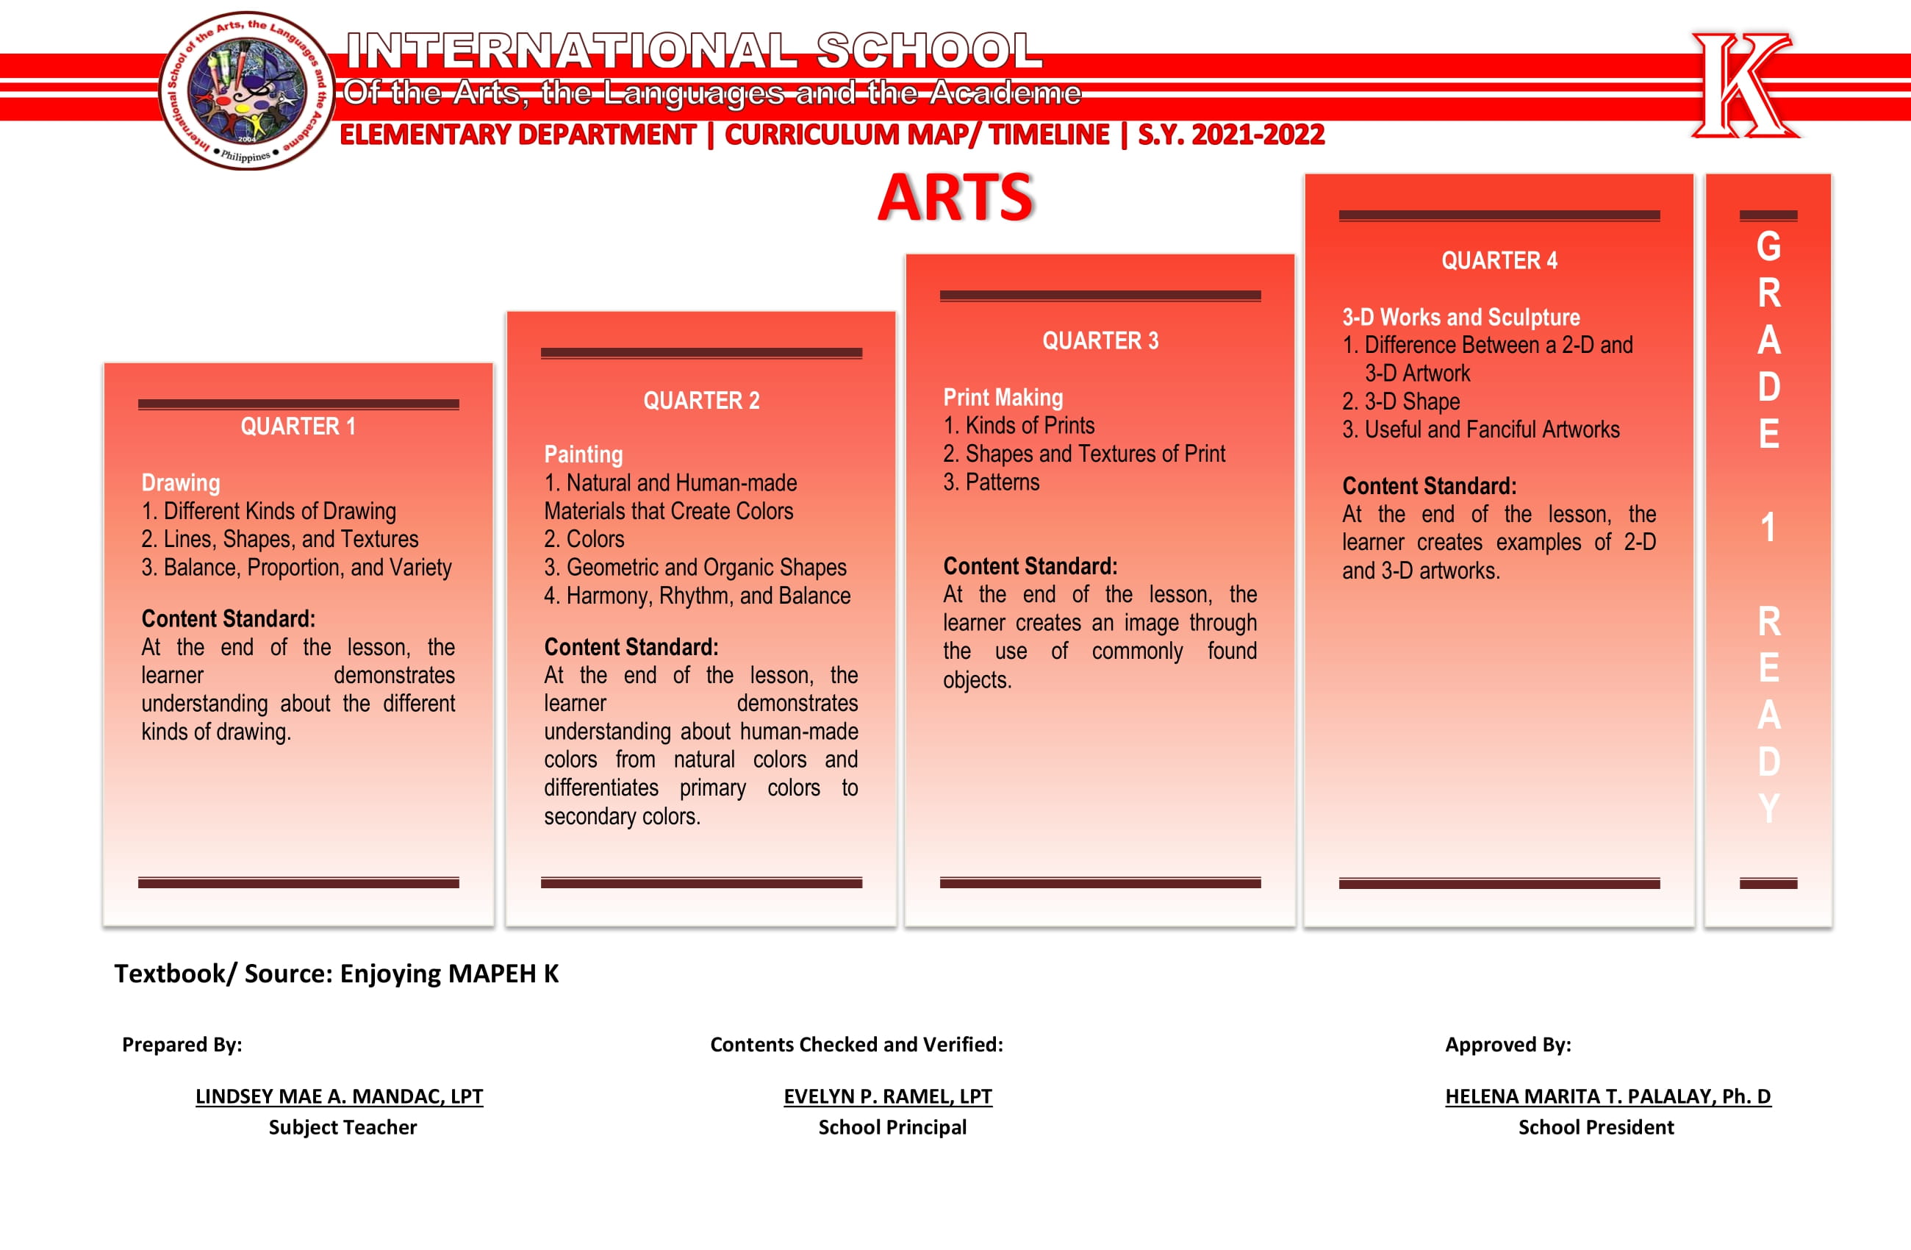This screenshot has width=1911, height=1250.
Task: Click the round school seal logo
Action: [x=247, y=90]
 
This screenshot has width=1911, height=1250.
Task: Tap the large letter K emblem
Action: [x=1744, y=85]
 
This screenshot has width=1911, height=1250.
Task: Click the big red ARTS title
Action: [x=955, y=198]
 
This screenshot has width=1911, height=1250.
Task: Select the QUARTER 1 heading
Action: [x=298, y=426]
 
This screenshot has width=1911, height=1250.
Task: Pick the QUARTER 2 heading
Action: [x=701, y=400]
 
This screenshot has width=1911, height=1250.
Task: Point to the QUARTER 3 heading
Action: [x=1100, y=340]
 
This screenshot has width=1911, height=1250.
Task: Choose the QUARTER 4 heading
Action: [x=1499, y=260]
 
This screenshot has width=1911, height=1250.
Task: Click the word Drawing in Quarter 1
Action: [x=181, y=483]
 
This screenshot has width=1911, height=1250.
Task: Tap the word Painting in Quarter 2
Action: [x=583, y=454]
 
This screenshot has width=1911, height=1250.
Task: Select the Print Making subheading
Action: [x=1003, y=398]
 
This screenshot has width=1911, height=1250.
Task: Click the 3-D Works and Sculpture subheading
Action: [x=1460, y=318]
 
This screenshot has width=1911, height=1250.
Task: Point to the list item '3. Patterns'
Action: [x=991, y=482]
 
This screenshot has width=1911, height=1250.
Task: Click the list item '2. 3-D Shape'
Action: [x=1400, y=401]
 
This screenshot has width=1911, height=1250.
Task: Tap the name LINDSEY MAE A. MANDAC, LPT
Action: [x=339, y=1096]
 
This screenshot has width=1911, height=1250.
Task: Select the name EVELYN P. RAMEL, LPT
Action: [x=887, y=1096]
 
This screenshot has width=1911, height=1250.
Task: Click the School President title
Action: [x=1596, y=1127]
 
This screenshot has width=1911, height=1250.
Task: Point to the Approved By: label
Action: [x=1507, y=1044]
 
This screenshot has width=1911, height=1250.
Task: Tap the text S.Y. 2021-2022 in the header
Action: [x=1230, y=134]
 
